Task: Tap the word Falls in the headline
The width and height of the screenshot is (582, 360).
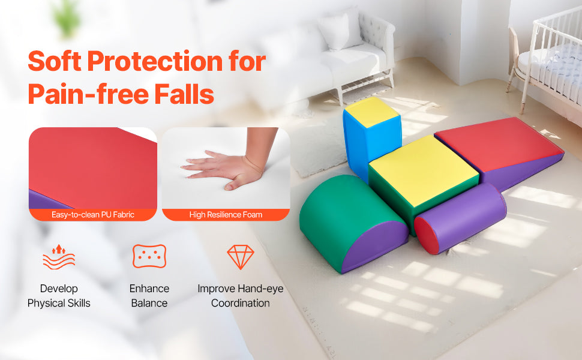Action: (x=184, y=94)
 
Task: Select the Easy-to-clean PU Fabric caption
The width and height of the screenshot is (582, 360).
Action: (x=93, y=215)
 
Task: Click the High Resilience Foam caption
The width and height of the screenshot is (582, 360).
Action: (x=226, y=215)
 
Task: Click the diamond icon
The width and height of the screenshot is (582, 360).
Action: (x=241, y=256)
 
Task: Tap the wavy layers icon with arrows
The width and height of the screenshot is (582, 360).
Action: (x=59, y=256)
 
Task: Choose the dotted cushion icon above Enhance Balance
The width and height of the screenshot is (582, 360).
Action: (x=149, y=256)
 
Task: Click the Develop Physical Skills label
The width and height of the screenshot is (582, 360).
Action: (x=59, y=296)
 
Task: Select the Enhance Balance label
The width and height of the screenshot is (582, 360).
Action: (x=149, y=296)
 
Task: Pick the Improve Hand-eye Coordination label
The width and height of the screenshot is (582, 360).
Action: (x=241, y=296)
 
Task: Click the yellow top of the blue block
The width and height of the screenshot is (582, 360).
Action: (x=371, y=112)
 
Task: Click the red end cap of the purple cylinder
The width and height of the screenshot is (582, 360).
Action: (x=427, y=235)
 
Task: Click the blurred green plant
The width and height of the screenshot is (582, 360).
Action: (x=67, y=17)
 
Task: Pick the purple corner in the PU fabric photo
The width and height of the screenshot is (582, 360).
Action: (x=45, y=200)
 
